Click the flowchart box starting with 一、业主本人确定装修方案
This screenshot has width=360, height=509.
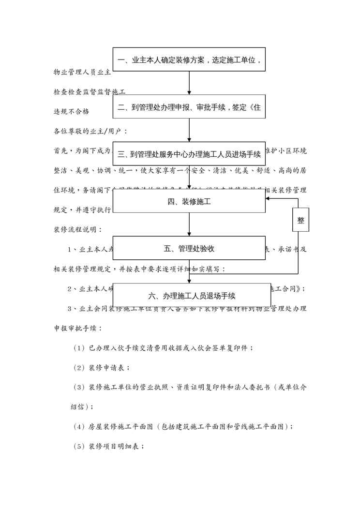click(189, 60)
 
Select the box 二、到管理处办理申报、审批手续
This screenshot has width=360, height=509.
click(189, 107)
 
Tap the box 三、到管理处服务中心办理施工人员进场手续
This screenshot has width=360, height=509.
click(189, 154)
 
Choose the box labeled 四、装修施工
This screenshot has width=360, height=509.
click(189, 201)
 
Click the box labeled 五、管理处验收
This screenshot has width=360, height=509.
click(189, 248)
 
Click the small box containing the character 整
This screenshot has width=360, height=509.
click(301, 220)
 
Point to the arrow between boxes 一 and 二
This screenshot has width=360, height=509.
click(189, 83)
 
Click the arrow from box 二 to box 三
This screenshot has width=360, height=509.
click(189, 131)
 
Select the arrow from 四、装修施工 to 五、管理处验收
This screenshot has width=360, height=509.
click(189, 225)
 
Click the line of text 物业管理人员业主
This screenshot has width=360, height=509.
click(82, 73)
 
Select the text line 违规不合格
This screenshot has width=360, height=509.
click(72, 111)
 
